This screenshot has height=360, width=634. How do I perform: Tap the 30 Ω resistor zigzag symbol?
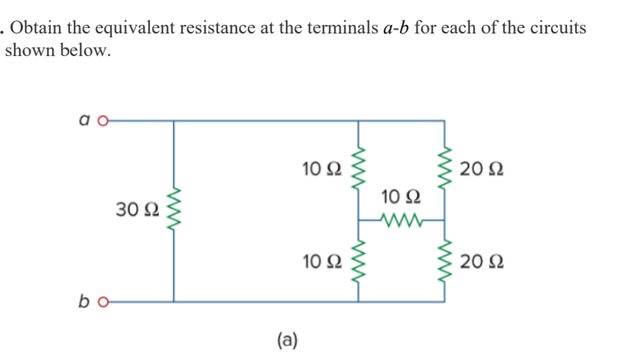tap(173, 211)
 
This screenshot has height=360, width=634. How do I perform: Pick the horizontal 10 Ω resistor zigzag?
tap(401, 220)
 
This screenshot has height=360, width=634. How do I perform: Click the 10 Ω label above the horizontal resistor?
tap(401, 197)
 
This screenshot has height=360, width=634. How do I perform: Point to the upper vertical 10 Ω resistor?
tap(358, 170)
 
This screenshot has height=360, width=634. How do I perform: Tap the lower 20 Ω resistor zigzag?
tap(445, 260)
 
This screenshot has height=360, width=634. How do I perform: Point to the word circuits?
tap(557, 28)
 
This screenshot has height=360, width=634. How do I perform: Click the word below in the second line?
tap(87, 52)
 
